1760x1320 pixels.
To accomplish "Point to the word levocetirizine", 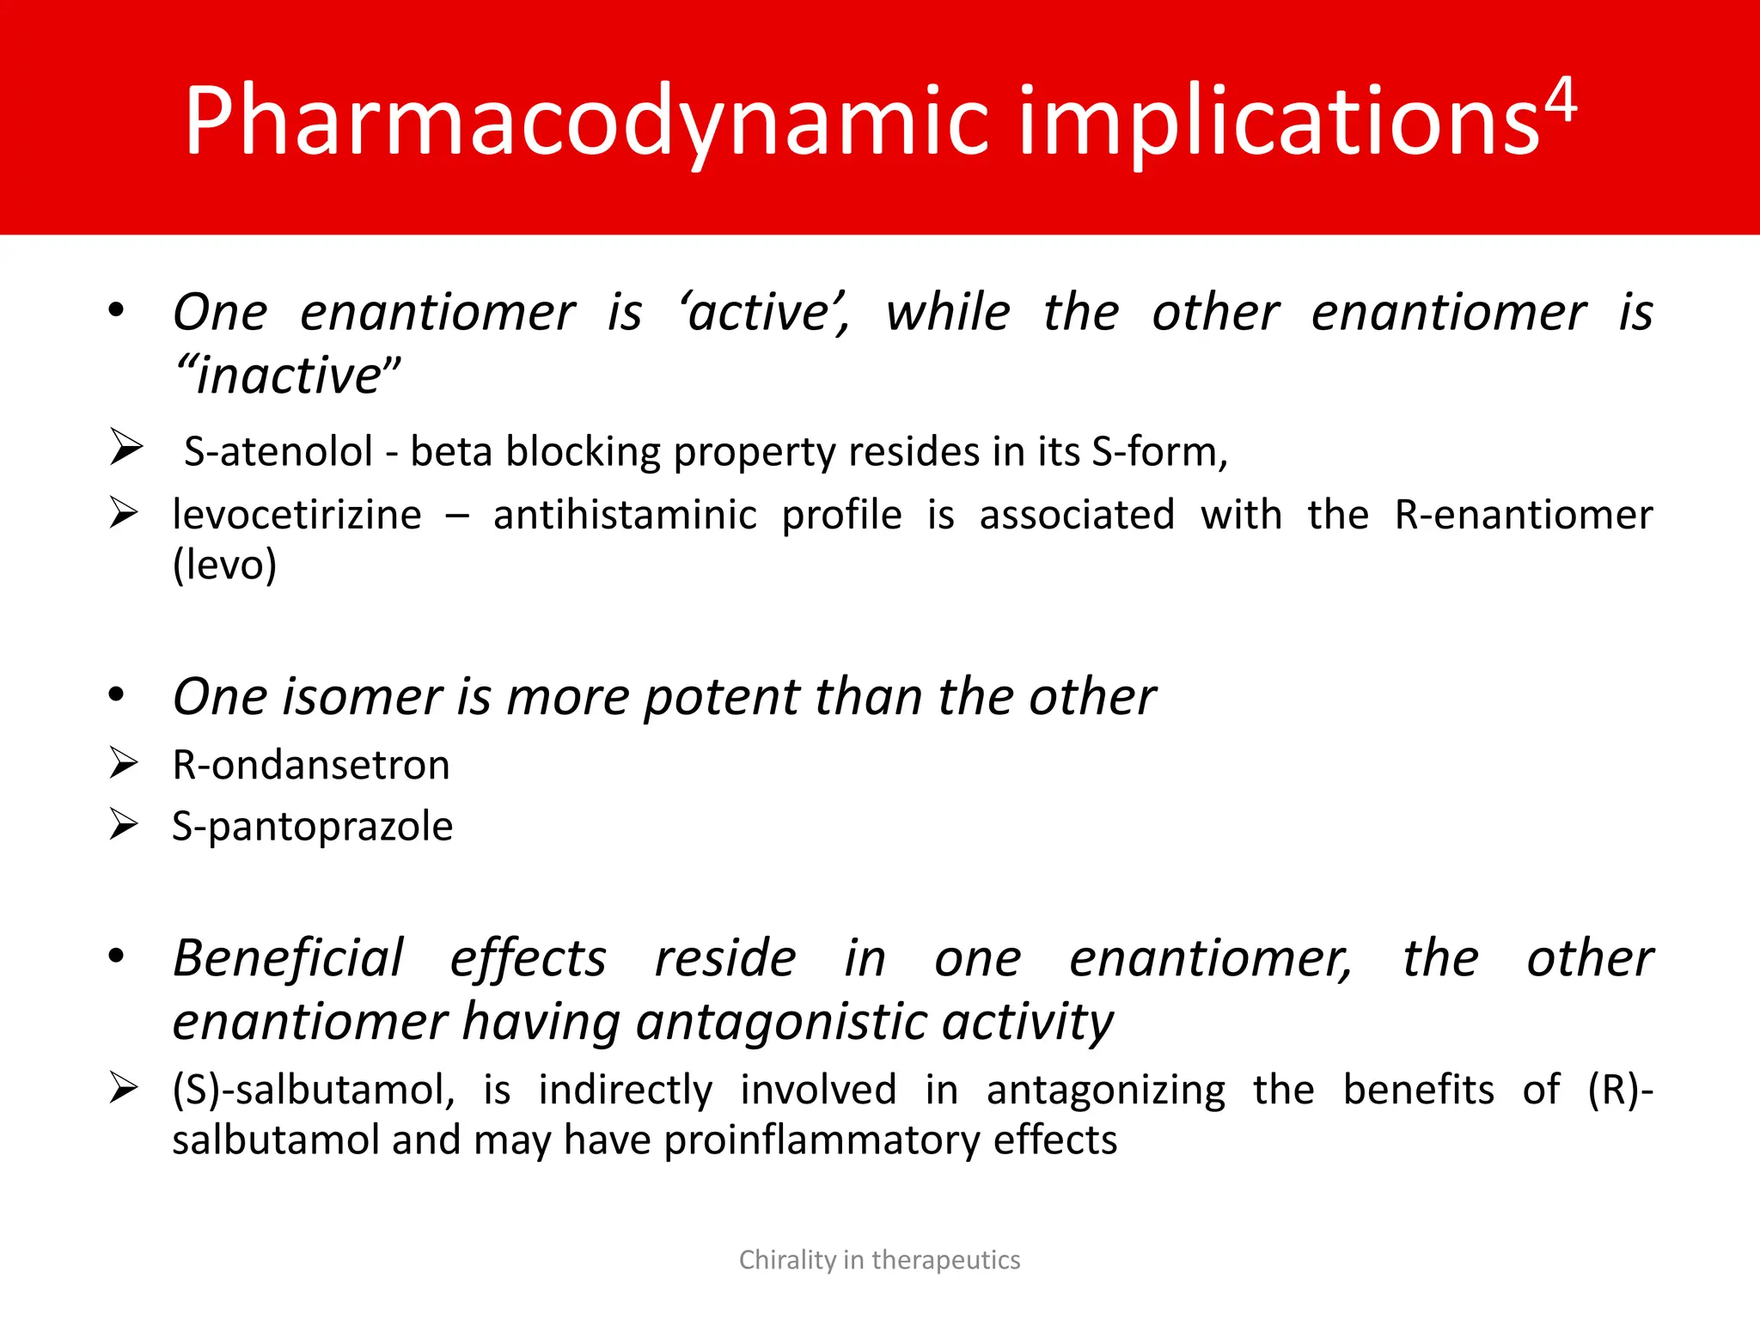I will (x=296, y=515).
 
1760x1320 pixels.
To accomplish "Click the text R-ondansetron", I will (x=311, y=764).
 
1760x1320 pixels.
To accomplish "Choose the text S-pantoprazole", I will (x=312, y=826).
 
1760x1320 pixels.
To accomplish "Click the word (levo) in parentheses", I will (x=224, y=565).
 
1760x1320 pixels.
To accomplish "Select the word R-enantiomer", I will (x=1523, y=515).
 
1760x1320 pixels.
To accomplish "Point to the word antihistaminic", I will (x=625, y=515).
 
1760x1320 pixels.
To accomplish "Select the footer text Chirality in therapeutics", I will (x=879, y=1260).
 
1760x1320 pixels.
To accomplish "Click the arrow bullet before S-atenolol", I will (x=125, y=449).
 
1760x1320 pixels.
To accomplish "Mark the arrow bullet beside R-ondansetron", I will (x=124, y=762).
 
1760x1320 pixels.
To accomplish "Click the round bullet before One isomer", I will (x=117, y=694).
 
